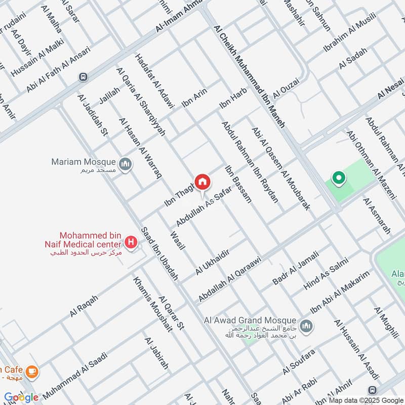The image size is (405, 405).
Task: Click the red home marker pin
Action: coord(202,182)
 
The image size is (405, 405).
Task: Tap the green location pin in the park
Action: coord(338,178)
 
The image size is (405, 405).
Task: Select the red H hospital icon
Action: coord(132,242)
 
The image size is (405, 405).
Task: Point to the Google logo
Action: coord(21,397)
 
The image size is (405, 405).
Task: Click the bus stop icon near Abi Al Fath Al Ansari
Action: coord(83,77)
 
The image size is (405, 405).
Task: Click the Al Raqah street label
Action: coord(84,306)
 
